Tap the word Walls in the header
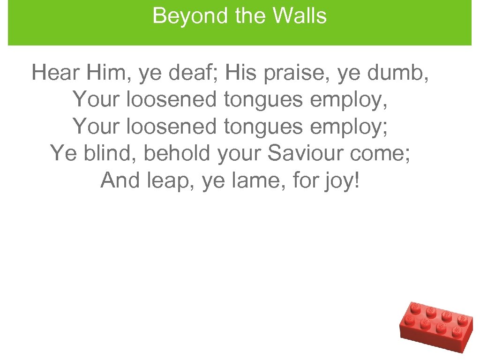[x=300, y=16]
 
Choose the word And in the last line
[x=117, y=180]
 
